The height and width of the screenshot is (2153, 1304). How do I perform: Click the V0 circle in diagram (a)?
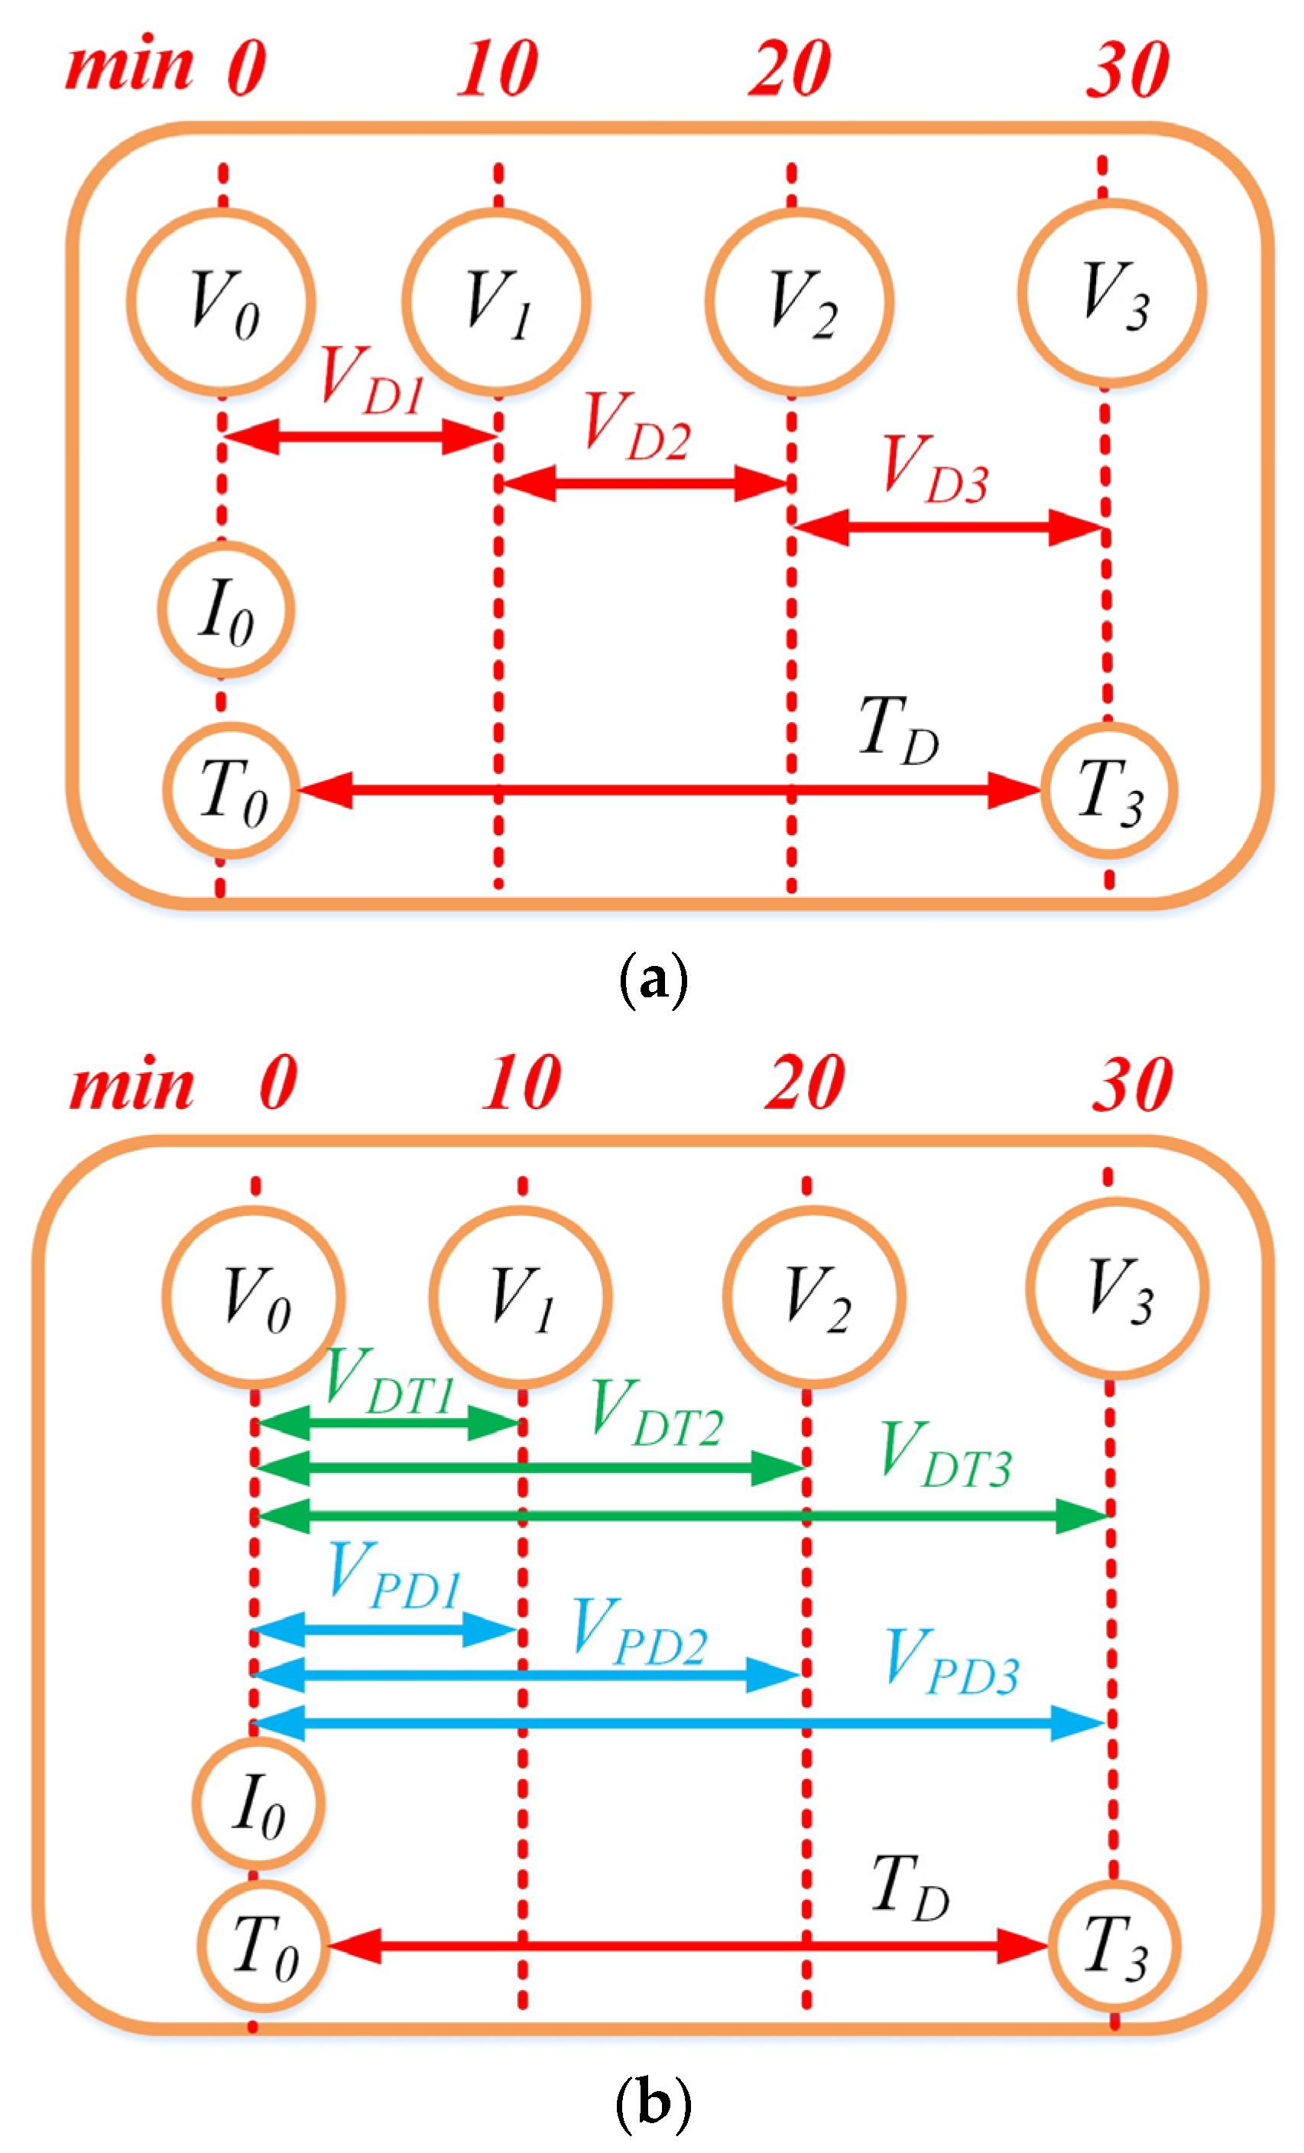221,301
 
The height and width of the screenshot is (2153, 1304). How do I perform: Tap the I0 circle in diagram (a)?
225,609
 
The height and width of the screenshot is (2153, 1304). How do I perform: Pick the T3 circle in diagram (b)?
1114,1945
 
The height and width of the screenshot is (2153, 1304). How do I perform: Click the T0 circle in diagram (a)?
232,790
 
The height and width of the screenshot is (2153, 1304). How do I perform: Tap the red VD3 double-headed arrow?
949,527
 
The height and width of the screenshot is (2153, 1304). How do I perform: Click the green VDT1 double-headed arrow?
388,1423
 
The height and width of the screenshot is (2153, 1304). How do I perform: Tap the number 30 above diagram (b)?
1131,1085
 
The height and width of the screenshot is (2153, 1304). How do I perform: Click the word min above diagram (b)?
131,1085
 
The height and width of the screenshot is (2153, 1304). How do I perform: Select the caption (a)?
653,981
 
